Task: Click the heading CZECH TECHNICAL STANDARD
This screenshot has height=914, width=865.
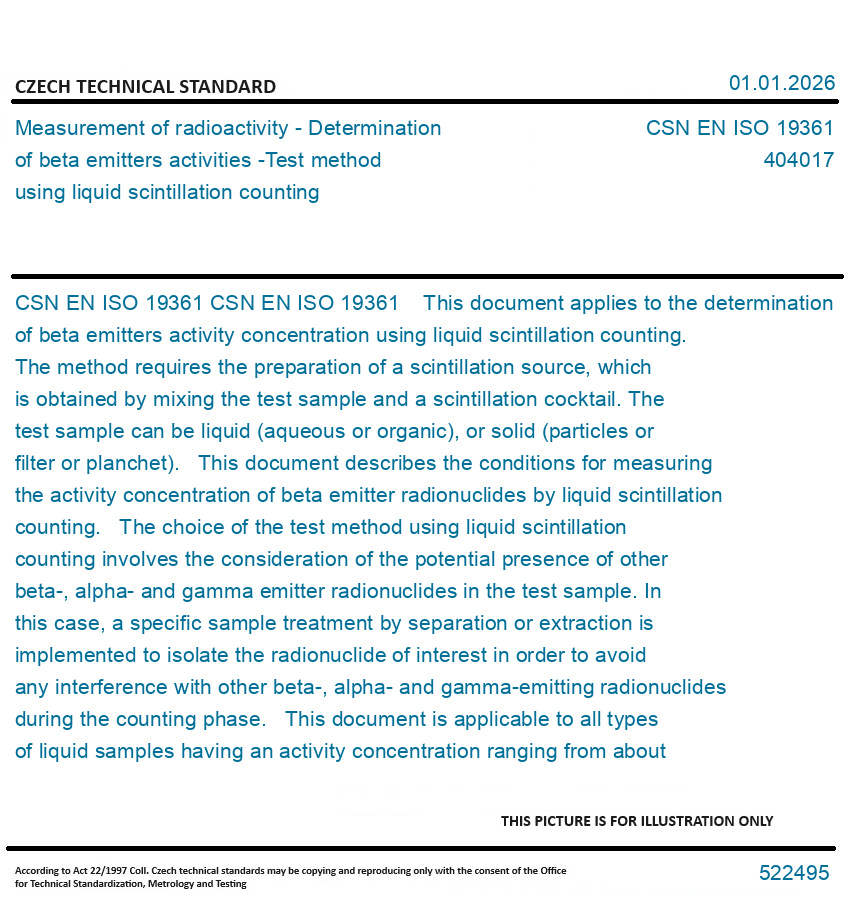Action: coord(145,87)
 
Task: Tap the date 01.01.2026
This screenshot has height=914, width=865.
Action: coord(781,83)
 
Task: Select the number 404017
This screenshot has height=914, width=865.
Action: coord(798,160)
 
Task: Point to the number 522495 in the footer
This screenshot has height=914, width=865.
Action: coord(793,873)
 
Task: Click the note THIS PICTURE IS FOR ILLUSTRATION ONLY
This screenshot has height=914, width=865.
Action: coord(637,821)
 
